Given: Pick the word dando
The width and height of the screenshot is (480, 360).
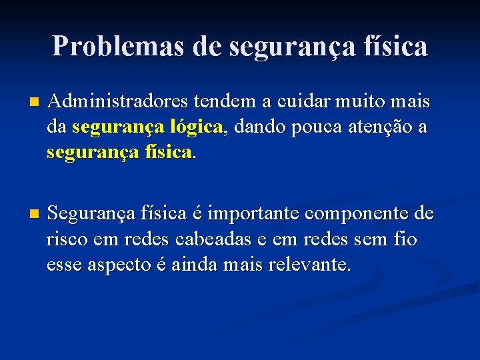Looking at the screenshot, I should click(257, 126).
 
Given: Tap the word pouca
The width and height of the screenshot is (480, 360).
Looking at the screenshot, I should click(313, 126).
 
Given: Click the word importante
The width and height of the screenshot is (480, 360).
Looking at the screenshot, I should click(255, 215).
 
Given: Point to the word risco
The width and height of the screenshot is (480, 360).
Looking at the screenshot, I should click(66, 239).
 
